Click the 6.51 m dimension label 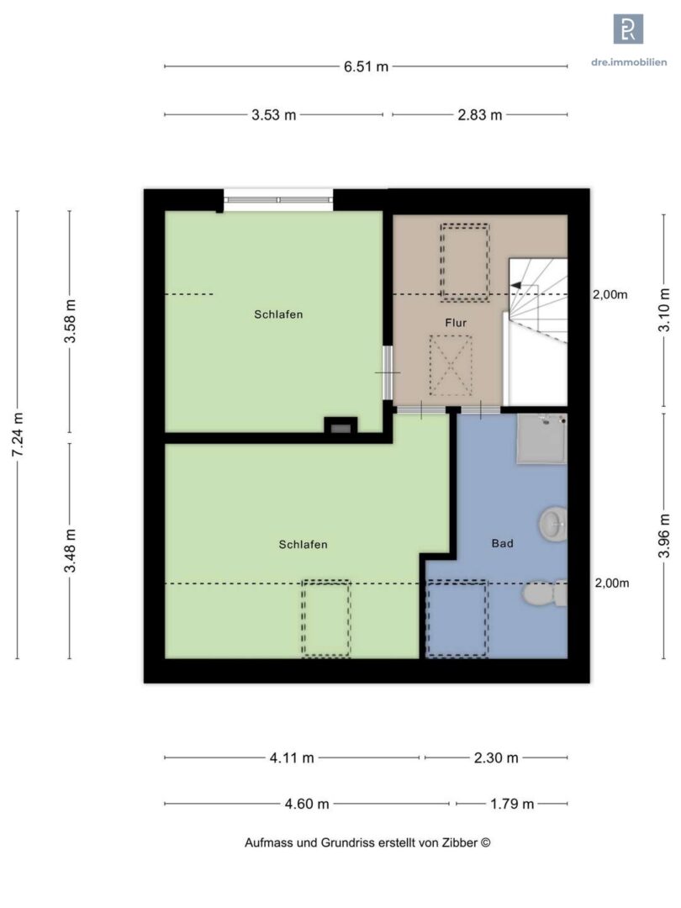366,66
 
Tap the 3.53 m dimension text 274,115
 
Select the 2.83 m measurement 480,115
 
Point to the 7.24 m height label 18,435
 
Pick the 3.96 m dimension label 664,536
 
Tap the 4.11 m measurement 292,758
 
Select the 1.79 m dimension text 512,804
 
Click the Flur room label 456,323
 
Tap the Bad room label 502,543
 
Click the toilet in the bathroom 544,594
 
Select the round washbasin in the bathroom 553,525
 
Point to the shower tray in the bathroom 541,439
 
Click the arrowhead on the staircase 515,285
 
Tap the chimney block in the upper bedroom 340,425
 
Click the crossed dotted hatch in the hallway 451,366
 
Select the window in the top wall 278,200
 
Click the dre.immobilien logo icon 628,29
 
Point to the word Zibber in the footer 461,843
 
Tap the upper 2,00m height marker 610,295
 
